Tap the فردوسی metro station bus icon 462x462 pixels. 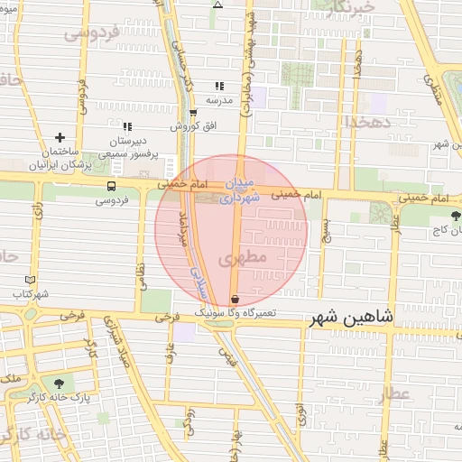point(111,186)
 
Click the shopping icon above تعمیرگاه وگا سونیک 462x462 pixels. point(236,298)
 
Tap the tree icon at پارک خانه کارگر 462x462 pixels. point(60,382)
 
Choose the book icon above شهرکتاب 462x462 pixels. point(32,280)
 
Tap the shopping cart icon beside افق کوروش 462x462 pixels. point(193,112)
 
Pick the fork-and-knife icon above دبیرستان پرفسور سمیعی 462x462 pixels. point(127,127)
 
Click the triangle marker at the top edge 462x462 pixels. point(217,5)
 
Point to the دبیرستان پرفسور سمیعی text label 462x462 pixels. point(127,148)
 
